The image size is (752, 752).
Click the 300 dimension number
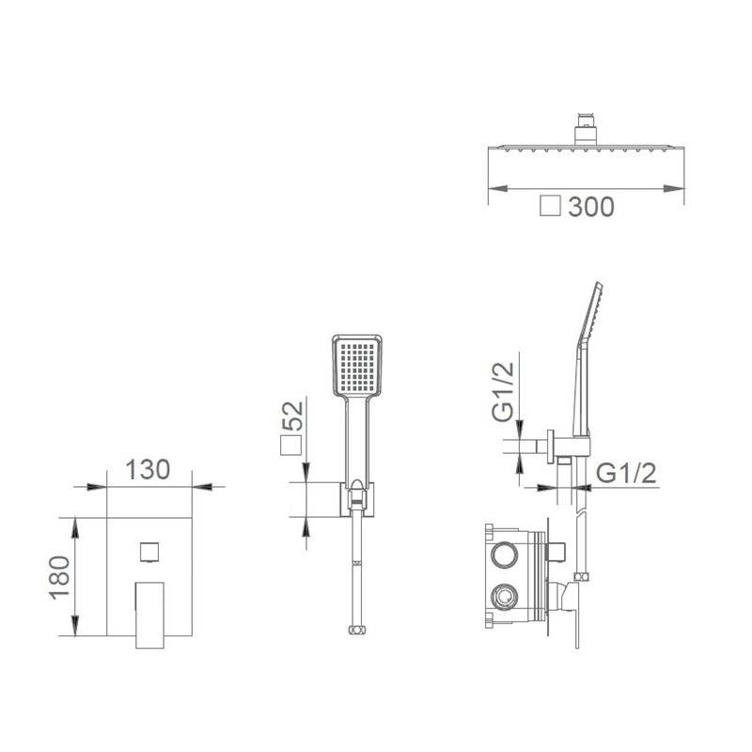[591, 207]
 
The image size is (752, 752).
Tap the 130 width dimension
[148, 469]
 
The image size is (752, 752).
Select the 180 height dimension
[60, 578]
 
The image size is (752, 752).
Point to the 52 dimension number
[293, 415]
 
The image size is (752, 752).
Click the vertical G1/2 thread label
[504, 392]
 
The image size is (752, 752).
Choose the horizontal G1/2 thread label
[626, 474]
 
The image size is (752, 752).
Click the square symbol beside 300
[550, 206]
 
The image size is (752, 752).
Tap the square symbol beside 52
[290, 446]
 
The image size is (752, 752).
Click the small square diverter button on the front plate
[149, 552]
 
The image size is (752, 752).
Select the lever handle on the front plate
[149, 616]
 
